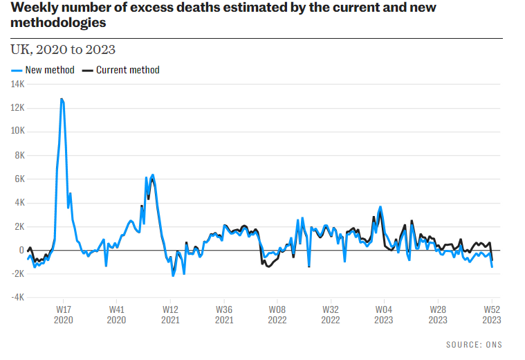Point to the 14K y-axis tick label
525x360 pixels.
click(17, 84)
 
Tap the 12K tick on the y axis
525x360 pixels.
click(17, 108)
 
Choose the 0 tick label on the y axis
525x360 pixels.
click(21, 250)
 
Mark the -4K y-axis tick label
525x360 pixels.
click(17, 298)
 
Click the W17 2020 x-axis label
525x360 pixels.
click(63, 315)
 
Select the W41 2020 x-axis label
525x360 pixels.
click(116, 315)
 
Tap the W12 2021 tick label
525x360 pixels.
click(170, 315)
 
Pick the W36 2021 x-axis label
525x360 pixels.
click(223, 315)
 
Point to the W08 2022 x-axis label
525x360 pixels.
click(277, 315)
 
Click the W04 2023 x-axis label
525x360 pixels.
click(384, 315)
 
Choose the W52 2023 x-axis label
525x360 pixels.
click(491, 315)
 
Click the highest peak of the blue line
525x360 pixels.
click(62, 99)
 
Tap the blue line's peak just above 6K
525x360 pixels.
click(152, 175)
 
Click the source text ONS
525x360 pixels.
click(493, 345)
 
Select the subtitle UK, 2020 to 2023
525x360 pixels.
click(63, 50)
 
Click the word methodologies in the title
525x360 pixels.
click(59, 23)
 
